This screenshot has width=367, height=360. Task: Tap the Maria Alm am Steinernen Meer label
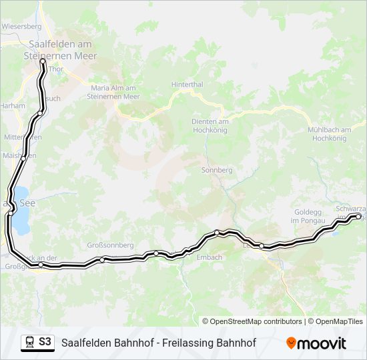(113, 92)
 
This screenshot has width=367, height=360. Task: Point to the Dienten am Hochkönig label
(210, 125)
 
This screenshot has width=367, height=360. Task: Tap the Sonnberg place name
(217, 170)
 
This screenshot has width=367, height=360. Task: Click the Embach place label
(209, 257)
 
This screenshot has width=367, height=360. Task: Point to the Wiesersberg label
(22, 27)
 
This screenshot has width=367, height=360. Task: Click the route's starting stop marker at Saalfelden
(43, 61)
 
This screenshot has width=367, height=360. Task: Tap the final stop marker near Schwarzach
(358, 216)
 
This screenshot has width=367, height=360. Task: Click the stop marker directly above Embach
(217, 232)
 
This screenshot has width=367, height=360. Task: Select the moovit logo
(316, 343)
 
